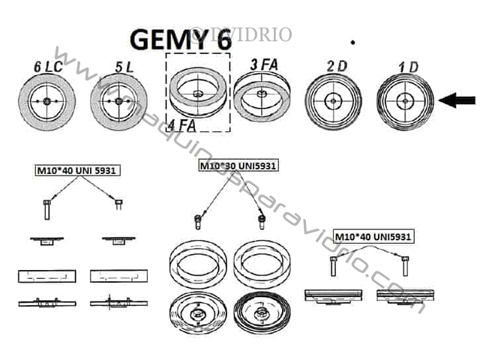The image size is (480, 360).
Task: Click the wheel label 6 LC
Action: coord(46,66)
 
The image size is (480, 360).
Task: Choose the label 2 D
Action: coord(337,66)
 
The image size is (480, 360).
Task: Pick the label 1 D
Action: coord(409,66)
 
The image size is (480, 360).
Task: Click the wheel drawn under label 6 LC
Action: coord(46,101)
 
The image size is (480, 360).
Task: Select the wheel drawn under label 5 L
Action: coord(118,101)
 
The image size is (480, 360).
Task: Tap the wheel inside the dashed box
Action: coord(198,94)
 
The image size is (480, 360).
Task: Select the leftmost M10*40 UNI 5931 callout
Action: coord(77,169)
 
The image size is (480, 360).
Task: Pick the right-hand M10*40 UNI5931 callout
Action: coord(373,236)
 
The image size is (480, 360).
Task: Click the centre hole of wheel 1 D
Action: coord(405,100)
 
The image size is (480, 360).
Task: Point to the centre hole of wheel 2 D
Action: coord(333,100)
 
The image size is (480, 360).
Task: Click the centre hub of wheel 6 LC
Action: coord(46,101)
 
